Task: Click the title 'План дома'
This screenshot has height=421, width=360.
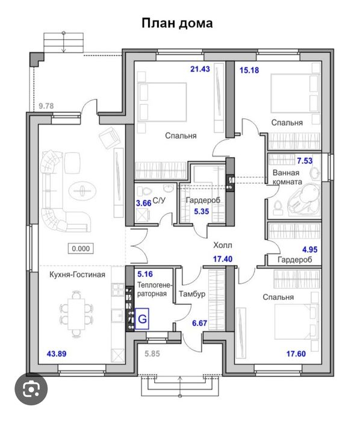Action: pyautogui.click(x=177, y=23)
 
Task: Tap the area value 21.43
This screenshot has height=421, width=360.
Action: pyautogui.click(x=200, y=69)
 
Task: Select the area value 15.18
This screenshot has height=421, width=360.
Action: pyautogui.click(x=249, y=70)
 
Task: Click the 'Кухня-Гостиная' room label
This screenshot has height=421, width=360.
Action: pyautogui.click(x=77, y=275)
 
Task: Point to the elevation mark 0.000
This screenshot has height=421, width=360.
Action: pyautogui.click(x=81, y=248)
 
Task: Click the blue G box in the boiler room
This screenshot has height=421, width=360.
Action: pyautogui.click(x=141, y=319)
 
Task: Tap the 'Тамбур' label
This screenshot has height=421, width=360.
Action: pyautogui.click(x=192, y=294)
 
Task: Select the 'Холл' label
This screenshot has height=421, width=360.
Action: pyautogui.click(x=223, y=245)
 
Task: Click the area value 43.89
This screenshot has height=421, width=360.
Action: pyautogui.click(x=57, y=354)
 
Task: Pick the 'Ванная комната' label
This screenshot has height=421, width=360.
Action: pyautogui.click(x=287, y=177)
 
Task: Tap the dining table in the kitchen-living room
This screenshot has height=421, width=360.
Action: pyautogui.click(x=76, y=314)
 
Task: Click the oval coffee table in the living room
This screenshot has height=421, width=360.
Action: pyautogui.click(x=82, y=191)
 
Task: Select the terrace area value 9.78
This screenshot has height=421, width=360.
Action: pyautogui.click(x=46, y=106)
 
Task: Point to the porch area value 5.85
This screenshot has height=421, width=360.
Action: pyautogui.click(x=152, y=354)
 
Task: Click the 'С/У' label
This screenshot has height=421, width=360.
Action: pyautogui.click(x=159, y=201)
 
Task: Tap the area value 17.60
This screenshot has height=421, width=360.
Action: pyautogui.click(x=296, y=354)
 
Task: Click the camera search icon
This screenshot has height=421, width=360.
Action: pyautogui.click(x=31, y=388)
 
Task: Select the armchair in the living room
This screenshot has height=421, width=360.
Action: pyautogui.click(x=109, y=138)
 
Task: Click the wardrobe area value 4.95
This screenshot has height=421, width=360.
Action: pyautogui.click(x=310, y=250)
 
